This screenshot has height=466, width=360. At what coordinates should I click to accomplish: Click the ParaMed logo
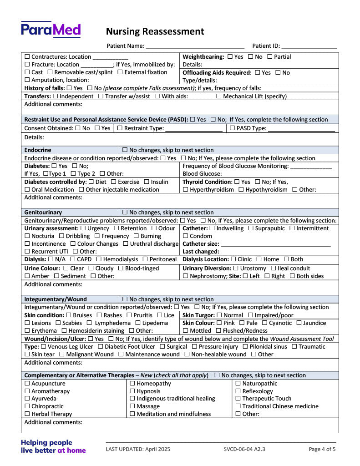51,30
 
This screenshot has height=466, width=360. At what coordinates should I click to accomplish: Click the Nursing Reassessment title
155,31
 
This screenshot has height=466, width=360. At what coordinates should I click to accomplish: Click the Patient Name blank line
195,46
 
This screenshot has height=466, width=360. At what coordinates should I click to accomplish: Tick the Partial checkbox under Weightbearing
270,57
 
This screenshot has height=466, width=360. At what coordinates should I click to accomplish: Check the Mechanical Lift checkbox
219,96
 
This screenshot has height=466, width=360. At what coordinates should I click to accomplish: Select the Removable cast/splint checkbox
50,72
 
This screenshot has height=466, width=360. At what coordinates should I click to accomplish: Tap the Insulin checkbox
147,182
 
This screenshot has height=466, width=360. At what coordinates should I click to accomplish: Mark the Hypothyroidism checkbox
241,190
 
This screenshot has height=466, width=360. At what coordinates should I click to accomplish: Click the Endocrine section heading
38,150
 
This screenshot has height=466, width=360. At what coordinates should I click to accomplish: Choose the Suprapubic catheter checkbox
251,228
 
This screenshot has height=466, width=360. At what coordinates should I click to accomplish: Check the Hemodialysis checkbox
99,259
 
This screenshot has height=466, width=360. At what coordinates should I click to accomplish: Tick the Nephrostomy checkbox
186,276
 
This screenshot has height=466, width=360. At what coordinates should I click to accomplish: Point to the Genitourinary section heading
43,213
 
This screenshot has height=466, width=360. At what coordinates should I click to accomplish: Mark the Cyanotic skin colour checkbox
264,323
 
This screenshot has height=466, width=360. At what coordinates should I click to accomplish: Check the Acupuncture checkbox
27,384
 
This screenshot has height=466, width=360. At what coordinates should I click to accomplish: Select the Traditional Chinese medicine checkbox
238,406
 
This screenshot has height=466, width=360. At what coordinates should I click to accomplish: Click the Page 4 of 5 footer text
322,449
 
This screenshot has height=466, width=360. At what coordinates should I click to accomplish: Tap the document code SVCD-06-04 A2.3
244,449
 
